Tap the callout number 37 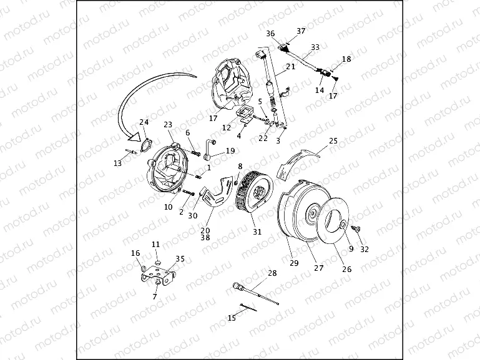click(x=301, y=31)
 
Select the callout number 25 click(x=333, y=142)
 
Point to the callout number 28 click(x=272, y=273)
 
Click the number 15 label click(x=232, y=318)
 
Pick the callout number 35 click(x=180, y=258)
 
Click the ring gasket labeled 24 click(x=145, y=145)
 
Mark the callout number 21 click(x=291, y=67)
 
